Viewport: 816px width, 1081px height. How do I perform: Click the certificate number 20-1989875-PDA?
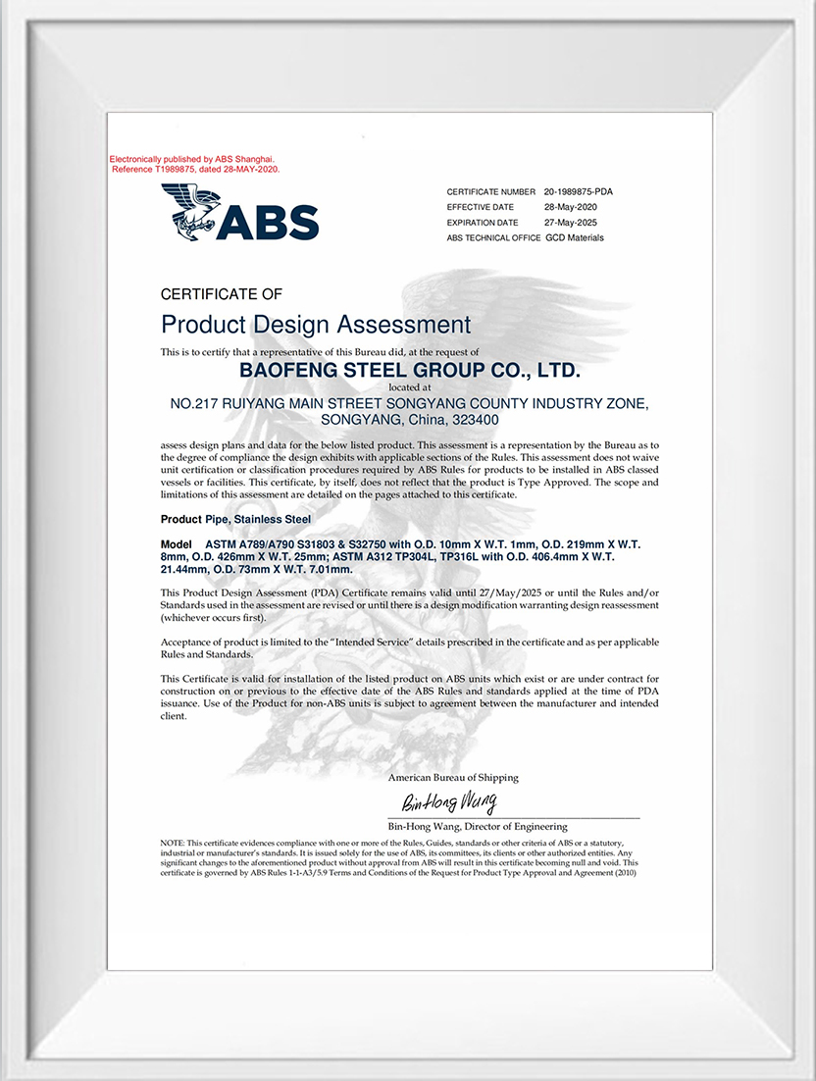[x=585, y=192]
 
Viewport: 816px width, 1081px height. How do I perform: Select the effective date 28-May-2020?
[x=570, y=207]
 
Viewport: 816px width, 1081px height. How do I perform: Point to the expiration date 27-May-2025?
[x=570, y=223]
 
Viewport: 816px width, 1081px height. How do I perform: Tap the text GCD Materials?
[x=575, y=237]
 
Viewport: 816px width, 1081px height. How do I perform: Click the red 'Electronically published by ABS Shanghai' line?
[x=192, y=159]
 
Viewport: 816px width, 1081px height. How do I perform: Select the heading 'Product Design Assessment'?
[x=315, y=325]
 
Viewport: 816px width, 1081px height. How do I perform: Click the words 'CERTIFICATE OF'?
[x=221, y=293]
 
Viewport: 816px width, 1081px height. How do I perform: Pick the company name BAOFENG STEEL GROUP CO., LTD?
[x=410, y=371]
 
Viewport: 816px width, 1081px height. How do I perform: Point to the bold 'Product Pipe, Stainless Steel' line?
[x=235, y=519]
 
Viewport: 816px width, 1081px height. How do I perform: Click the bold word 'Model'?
[x=177, y=543]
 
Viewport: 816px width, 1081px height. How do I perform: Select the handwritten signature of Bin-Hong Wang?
[x=448, y=802]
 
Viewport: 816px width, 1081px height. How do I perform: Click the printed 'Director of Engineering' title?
[x=521, y=827]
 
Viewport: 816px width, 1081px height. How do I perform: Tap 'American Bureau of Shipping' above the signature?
[x=453, y=778]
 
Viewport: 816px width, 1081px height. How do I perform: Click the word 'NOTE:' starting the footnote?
[x=172, y=844]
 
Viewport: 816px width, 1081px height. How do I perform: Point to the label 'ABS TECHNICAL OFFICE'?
[x=493, y=237]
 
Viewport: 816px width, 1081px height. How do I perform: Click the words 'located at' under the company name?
[x=410, y=387]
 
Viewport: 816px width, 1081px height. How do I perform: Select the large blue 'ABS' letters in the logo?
[x=268, y=222]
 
